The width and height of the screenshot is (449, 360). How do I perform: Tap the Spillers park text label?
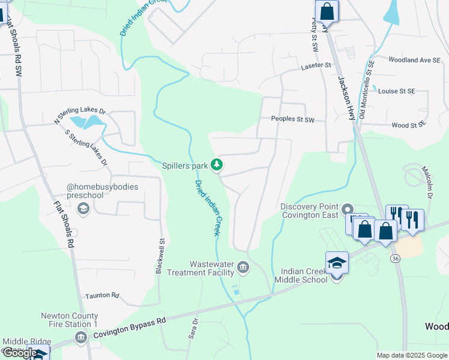click(x=185, y=165)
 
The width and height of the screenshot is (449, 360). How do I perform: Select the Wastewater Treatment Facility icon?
click(x=243, y=266)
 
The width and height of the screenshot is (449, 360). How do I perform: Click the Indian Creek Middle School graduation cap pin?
click(x=337, y=264)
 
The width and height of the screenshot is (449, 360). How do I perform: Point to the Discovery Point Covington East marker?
click(x=348, y=209)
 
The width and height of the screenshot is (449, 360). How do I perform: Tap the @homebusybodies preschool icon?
click(x=83, y=208)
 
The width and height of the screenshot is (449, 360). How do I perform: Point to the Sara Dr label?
click(x=193, y=328)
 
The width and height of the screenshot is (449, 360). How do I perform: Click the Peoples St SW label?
click(x=293, y=120)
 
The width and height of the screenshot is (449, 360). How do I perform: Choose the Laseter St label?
click(x=316, y=65)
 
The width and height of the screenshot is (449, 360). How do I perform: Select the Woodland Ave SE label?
click(x=415, y=60)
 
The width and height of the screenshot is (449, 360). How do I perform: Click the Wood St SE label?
click(x=408, y=124)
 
